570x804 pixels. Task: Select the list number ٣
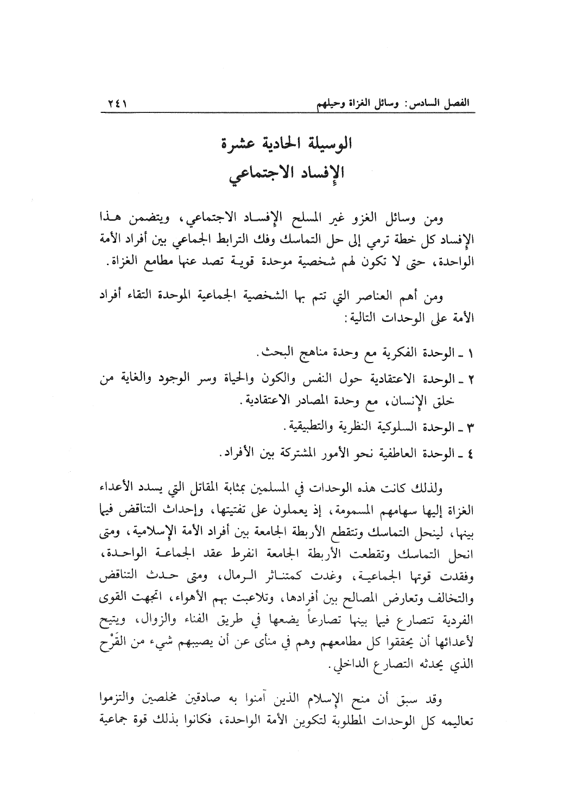tap(470, 427)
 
